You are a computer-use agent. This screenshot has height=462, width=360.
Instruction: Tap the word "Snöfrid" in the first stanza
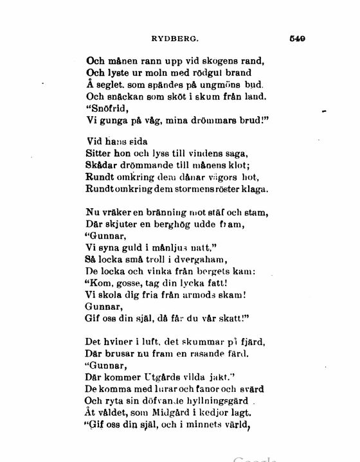click(105, 108)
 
